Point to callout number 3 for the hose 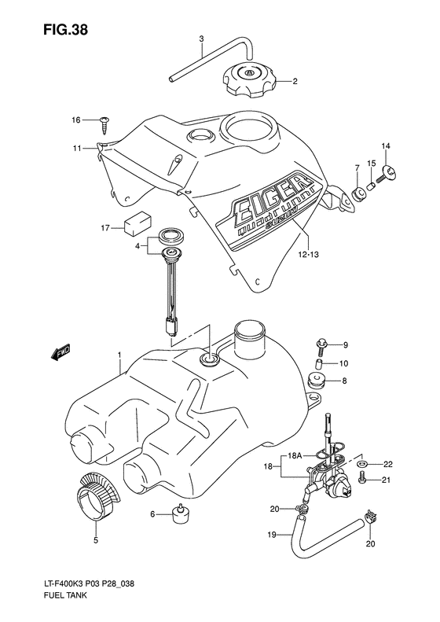pyautogui.click(x=201, y=39)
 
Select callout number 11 pyautogui.click(x=78, y=148)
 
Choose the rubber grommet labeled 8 pyautogui.click(x=317, y=383)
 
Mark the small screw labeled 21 pyautogui.click(x=363, y=480)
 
